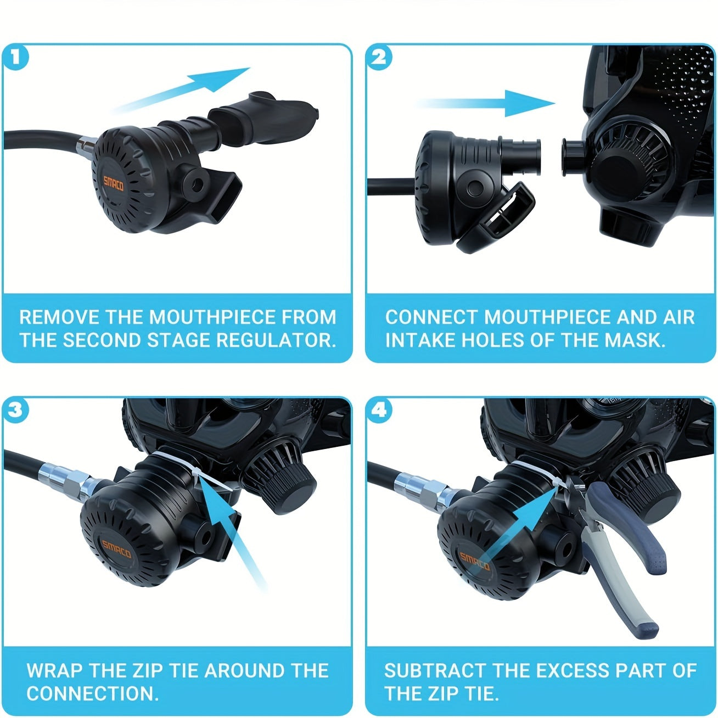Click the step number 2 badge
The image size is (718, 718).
click(379, 58)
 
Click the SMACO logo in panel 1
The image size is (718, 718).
click(113, 183)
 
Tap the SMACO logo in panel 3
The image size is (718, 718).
click(116, 548)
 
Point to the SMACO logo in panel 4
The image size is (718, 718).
click(474, 561)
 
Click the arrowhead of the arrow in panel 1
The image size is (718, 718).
click(221, 78)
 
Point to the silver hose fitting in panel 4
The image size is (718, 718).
click(425, 487)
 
